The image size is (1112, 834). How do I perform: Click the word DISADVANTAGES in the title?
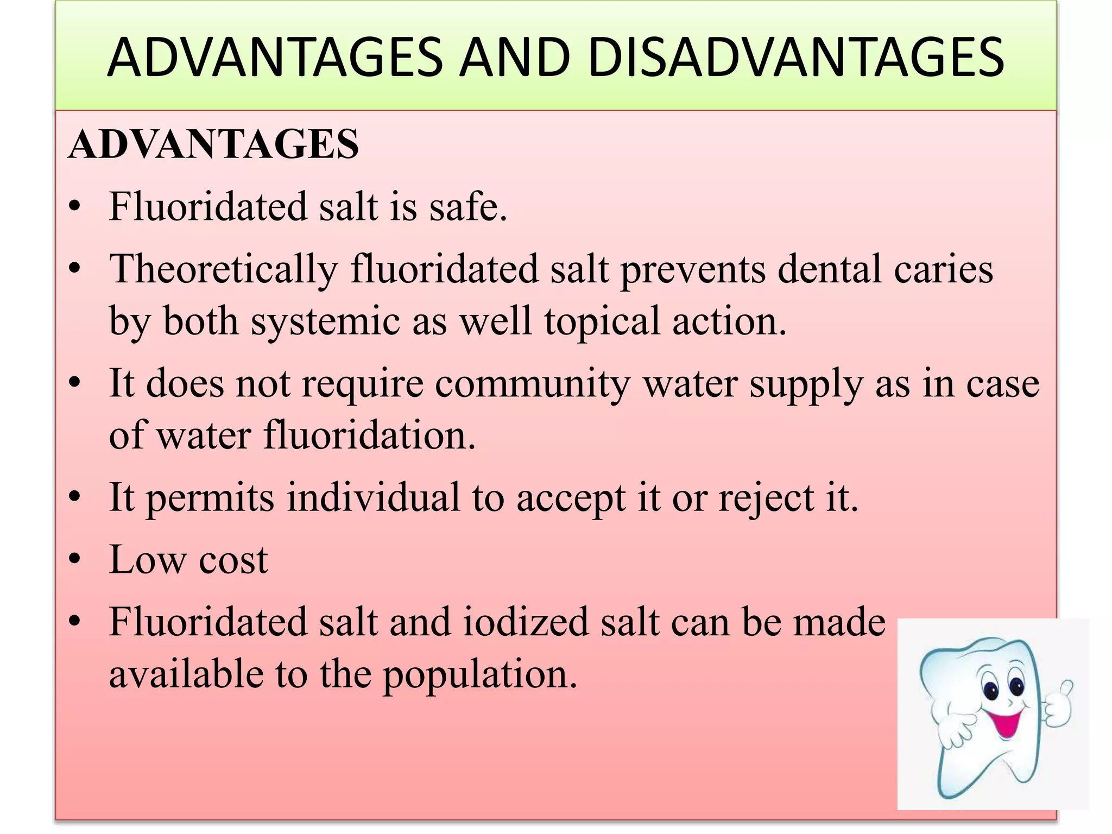coord(796,58)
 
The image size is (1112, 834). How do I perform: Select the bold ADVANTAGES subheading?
coord(214,144)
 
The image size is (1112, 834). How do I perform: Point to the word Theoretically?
coord(223,270)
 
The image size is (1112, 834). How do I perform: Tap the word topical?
coord(602,321)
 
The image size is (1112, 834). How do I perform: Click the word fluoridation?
coord(369,435)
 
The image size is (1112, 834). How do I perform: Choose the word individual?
coord(374,497)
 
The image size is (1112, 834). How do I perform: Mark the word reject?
coord(766,498)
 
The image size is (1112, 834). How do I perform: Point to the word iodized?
coord(526,622)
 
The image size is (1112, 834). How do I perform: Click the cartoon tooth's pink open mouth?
coord(1006,723)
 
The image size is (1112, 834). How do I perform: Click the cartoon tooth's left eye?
coord(991,691)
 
